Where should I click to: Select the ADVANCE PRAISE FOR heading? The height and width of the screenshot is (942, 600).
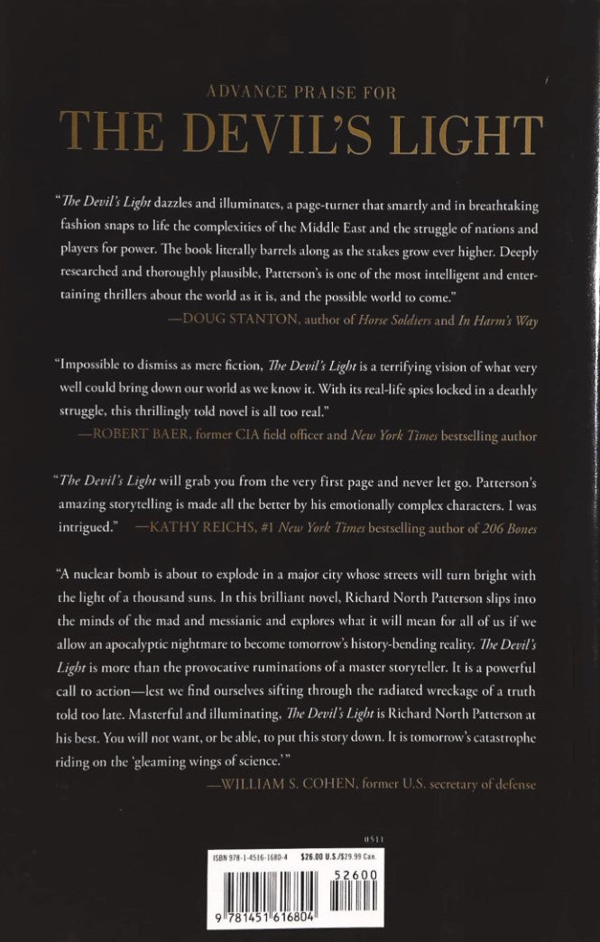299,91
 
